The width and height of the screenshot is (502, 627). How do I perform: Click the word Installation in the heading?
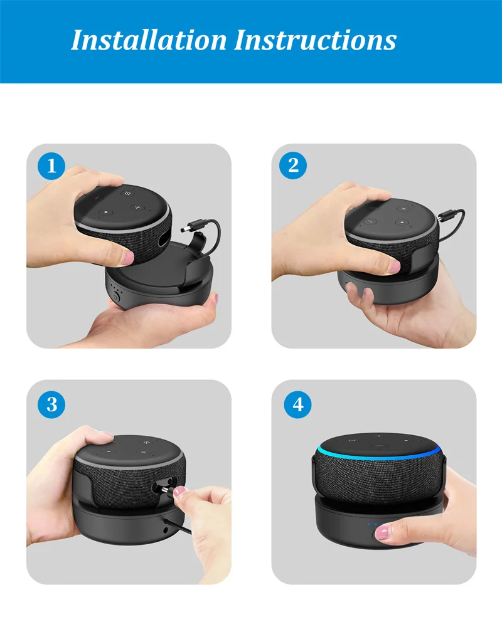pyautogui.click(x=149, y=40)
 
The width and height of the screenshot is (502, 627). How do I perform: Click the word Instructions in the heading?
pyautogui.click(x=315, y=40)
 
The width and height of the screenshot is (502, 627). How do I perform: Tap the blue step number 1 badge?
pyautogui.click(x=51, y=166)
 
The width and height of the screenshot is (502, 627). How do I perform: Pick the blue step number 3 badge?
pyautogui.click(x=51, y=404)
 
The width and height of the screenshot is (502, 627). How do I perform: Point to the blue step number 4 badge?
pyautogui.click(x=297, y=404)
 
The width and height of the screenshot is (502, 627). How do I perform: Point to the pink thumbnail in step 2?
pyautogui.click(x=395, y=266)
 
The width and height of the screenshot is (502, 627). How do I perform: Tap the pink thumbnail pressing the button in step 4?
pyautogui.click(x=382, y=534)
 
